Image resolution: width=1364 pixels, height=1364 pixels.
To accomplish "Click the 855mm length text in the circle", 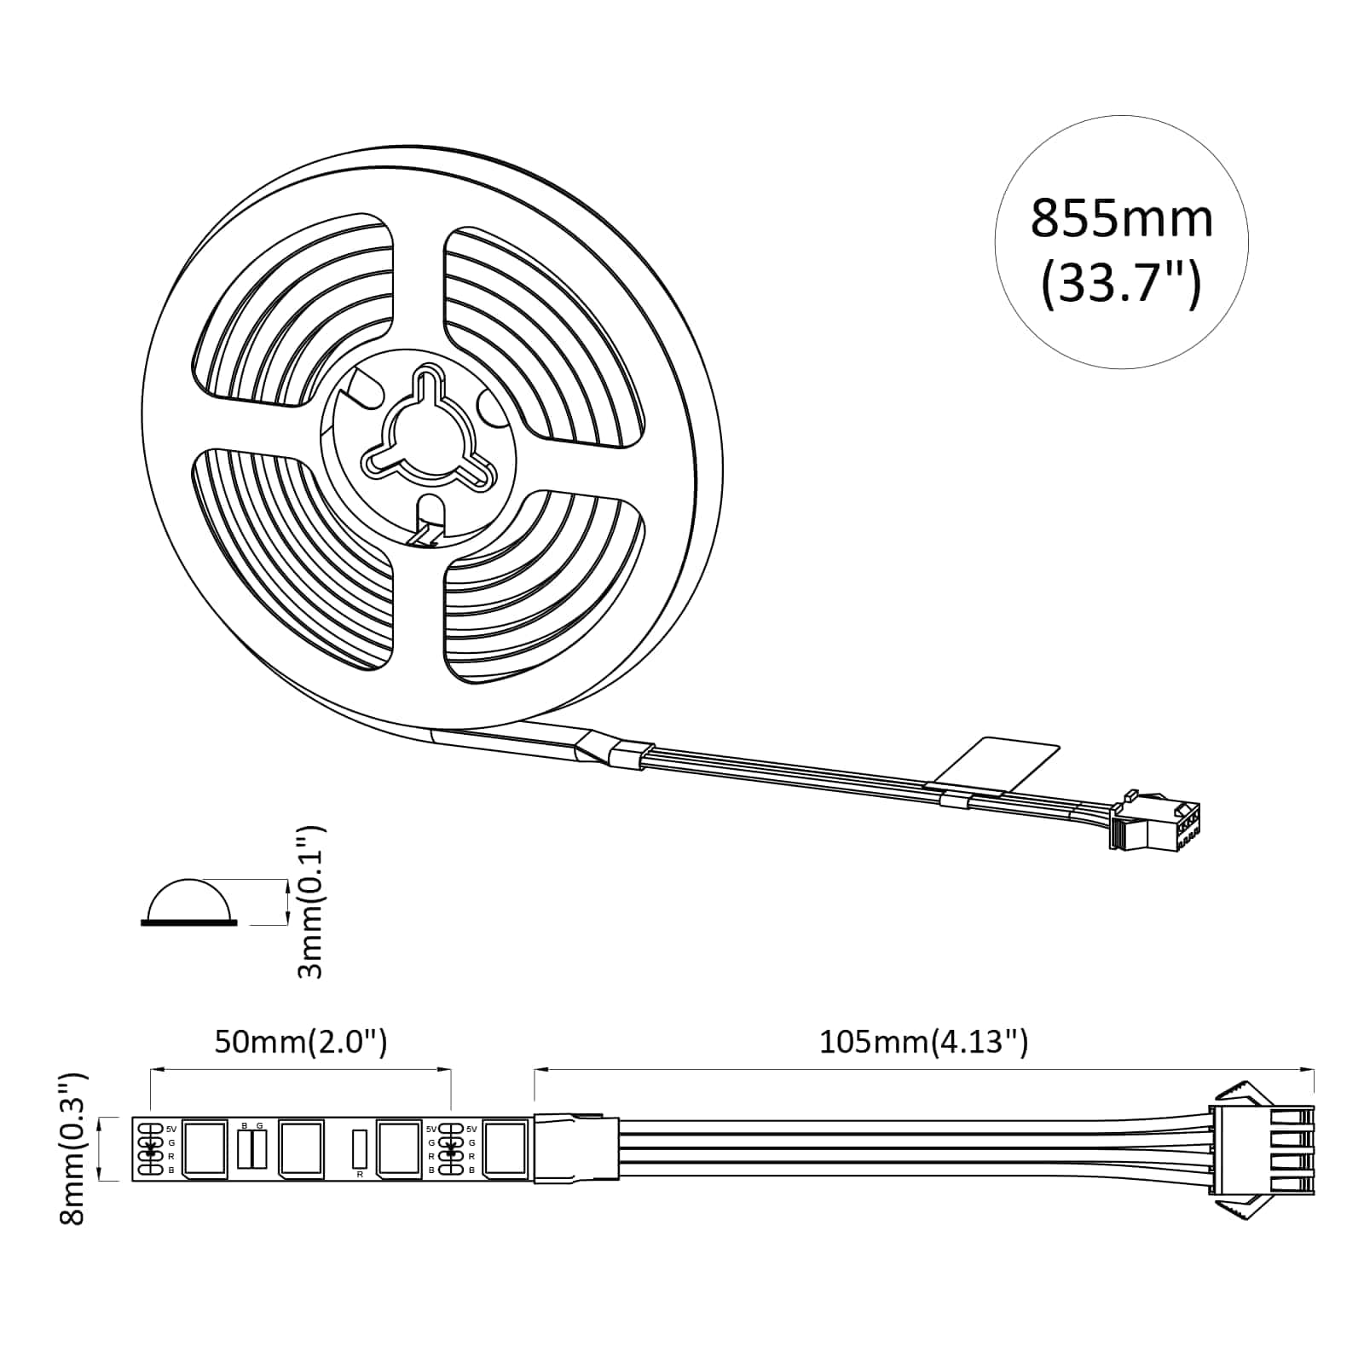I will (1121, 218).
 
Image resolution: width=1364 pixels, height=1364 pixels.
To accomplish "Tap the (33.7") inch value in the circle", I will (1121, 284).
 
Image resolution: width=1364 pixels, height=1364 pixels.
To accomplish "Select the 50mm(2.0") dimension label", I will (300, 1042).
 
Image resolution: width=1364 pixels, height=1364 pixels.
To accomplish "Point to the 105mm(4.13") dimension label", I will (923, 1042).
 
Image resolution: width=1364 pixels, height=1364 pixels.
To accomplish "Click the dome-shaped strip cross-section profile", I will (189, 902).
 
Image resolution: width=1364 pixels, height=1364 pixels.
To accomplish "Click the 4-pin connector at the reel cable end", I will (1155, 824).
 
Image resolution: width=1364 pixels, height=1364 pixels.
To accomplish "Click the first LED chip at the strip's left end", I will (205, 1150).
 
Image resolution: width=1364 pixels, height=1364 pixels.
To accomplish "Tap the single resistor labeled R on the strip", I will (360, 1148).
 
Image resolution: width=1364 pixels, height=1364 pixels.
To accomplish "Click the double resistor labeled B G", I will (252, 1148).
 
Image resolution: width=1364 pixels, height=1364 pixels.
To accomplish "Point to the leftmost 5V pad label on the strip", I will (171, 1128).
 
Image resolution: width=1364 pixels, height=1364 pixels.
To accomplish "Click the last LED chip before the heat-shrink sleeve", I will (505, 1150).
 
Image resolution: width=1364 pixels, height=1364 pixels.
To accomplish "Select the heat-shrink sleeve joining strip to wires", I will (576, 1148).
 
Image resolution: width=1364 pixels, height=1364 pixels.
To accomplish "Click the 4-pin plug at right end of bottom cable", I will (1262, 1149).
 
